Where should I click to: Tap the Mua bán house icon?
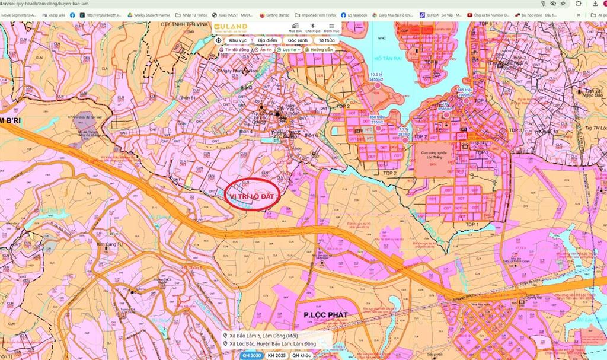click(295, 27)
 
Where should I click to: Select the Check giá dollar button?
click(312, 27)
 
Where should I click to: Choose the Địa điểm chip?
click(267, 40)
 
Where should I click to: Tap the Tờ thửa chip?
click(326, 40)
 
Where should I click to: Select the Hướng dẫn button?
click(319, 50)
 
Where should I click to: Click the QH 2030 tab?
click(251, 356)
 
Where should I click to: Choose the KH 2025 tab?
click(276, 356)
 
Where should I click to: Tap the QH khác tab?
click(302, 356)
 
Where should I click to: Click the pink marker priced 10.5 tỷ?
click(378, 86)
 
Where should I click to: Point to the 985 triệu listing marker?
click(466, 101)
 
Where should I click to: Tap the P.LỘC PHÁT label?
click(325, 315)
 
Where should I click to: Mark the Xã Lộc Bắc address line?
click(273, 344)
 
